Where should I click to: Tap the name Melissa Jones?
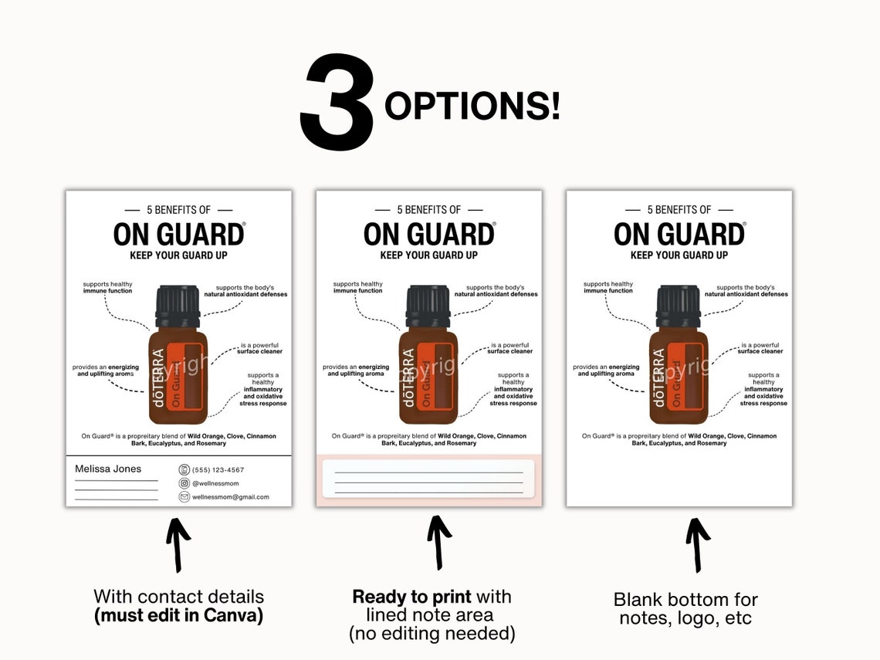click(108, 469)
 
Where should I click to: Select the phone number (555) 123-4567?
click(218, 469)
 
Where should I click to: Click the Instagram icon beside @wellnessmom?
click(184, 483)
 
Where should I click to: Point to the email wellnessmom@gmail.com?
click(230, 497)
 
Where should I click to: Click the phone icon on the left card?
click(184, 469)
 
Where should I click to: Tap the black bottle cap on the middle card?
click(428, 306)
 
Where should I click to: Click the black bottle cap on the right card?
click(678, 306)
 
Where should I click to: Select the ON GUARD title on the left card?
click(178, 234)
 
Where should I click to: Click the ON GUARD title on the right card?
click(679, 234)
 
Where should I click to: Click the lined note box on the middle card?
click(428, 478)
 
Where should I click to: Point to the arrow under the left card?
click(178, 544)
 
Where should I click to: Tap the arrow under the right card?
click(698, 544)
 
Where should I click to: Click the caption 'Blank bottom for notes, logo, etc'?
click(685, 608)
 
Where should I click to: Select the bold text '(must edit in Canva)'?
click(178, 616)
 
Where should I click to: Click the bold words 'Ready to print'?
click(411, 597)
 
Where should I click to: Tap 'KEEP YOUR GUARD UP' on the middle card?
click(428, 256)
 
